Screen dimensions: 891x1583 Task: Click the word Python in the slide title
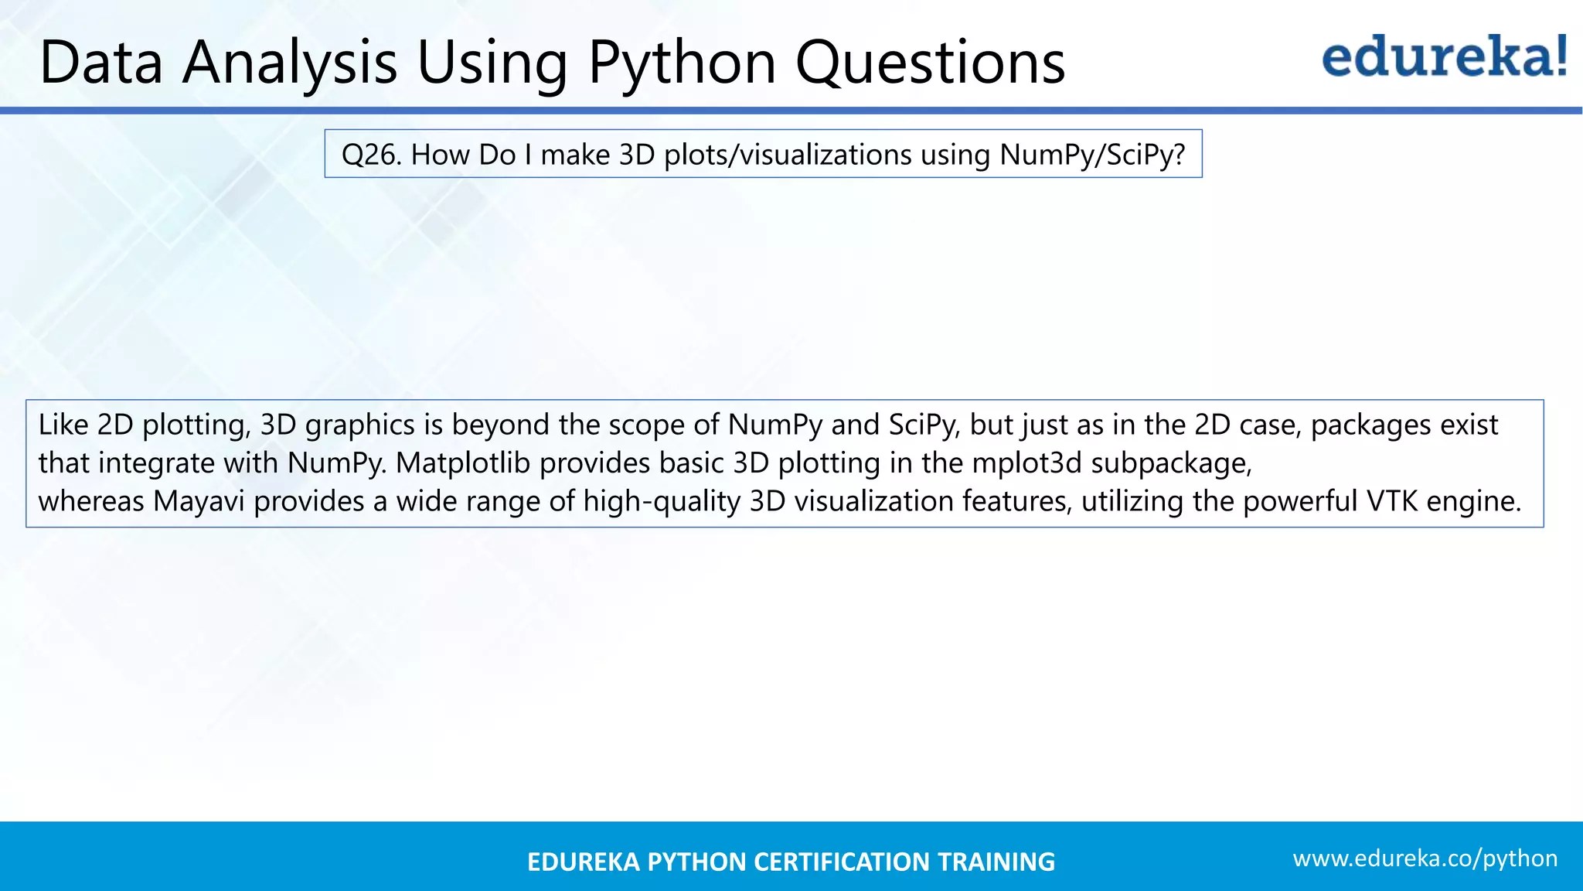point(682,62)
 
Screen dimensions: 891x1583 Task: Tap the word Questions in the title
point(931,62)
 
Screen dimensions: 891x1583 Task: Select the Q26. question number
point(371,155)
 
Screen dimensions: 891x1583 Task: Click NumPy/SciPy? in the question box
point(1092,155)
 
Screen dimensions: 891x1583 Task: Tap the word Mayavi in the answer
point(199,501)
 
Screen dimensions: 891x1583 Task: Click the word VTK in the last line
point(1392,501)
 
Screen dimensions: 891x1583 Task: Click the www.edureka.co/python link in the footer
point(1425,859)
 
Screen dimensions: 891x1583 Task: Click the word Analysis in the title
point(290,62)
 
